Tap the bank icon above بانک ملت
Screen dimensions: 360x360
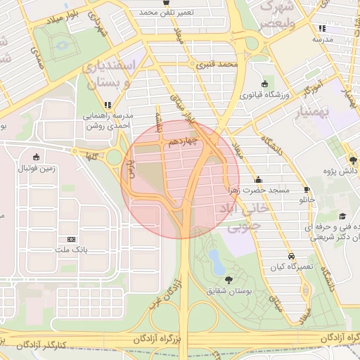[70, 239]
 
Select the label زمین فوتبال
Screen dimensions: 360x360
[35, 169]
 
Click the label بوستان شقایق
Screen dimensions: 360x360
[226, 290]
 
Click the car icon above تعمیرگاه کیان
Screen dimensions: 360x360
[291, 256]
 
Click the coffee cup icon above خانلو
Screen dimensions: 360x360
[307, 190]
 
